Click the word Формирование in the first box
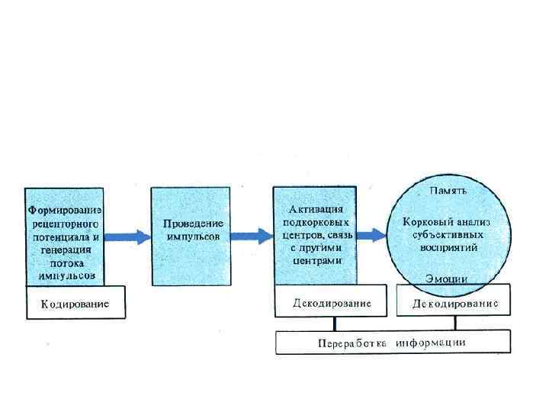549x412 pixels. point(65,211)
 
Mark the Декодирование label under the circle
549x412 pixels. point(455,304)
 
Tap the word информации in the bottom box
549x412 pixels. point(435,343)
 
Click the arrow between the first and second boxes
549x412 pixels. point(127,237)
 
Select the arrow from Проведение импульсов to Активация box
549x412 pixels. point(251,237)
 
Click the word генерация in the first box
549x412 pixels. point(65,249)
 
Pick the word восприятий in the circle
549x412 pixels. point(448,248)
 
